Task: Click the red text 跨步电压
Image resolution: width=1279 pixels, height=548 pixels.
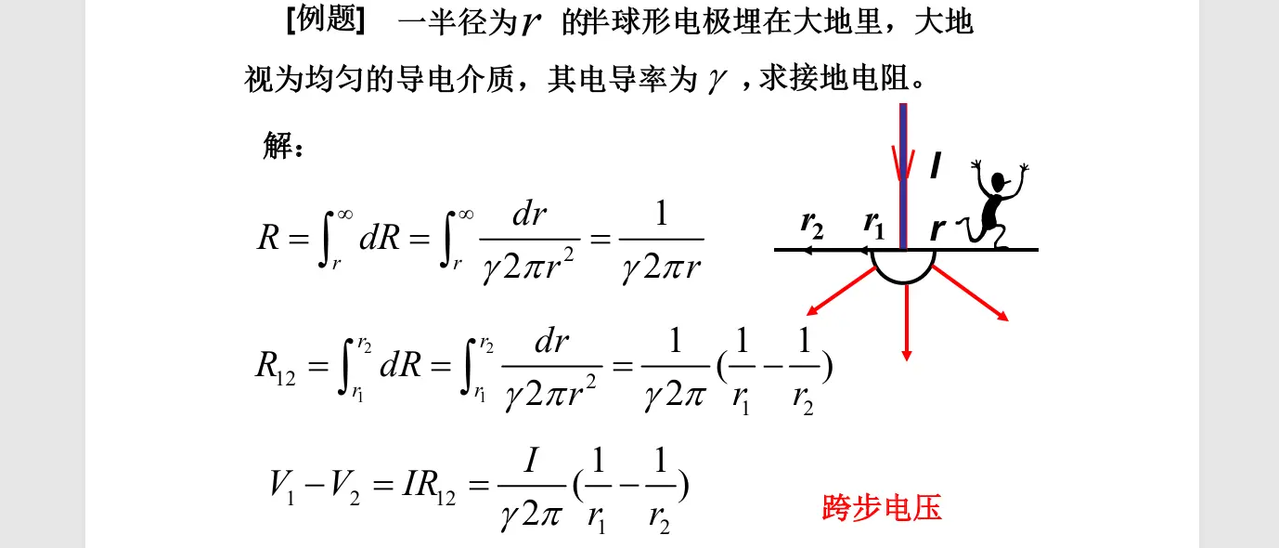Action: (882, 507)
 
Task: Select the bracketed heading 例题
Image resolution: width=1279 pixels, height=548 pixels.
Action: (326, 20)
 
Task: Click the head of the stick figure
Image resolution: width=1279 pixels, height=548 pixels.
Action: (998, 182)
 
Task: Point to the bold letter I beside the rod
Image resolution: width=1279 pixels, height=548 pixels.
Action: (936, 165)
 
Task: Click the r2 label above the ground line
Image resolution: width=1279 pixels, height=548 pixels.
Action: (812, 225)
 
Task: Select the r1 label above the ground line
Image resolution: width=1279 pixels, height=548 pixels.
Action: (873, 225)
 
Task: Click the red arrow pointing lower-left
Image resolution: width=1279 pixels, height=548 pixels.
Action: (841, 291)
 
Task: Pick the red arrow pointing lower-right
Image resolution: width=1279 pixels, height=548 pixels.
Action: (971, 294)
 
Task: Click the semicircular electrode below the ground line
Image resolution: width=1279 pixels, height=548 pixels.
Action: (903, 282)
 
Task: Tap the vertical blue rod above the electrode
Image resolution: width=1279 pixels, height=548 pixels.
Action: (903, 176)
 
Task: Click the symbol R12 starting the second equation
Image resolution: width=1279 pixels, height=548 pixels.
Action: (276, 368)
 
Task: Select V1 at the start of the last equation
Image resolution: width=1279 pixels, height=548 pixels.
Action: (282, 488)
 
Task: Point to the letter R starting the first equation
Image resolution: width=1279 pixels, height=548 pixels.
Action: (268, 237)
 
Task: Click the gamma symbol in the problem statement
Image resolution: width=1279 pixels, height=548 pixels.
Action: (716, 80)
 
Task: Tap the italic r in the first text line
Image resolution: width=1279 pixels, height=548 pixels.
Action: (530, 23)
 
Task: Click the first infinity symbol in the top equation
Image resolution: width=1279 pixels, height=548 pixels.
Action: (345, 215)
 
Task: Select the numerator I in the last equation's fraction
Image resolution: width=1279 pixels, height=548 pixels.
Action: (531, 460)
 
